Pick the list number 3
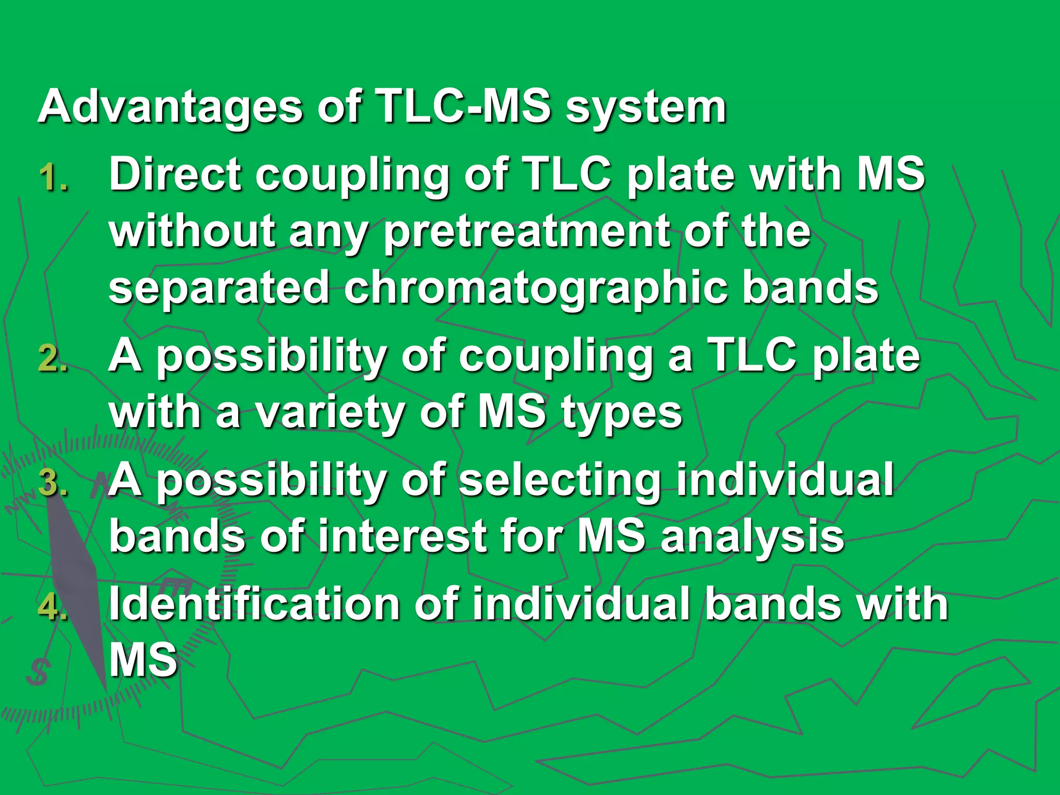(53, 482)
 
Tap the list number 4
(53, 607)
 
